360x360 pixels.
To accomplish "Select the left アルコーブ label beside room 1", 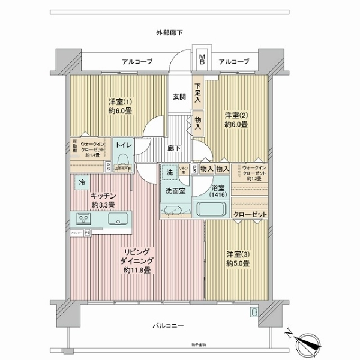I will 137,61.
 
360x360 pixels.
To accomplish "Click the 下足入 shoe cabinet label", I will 197,94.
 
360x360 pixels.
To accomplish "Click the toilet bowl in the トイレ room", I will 124,159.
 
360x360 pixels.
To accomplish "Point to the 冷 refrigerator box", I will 81,181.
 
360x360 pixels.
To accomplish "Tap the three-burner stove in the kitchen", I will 83,217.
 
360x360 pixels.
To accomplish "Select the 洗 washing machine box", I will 170,172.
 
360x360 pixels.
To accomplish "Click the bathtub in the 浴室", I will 211,211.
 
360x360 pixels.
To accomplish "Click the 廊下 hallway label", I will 173,147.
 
